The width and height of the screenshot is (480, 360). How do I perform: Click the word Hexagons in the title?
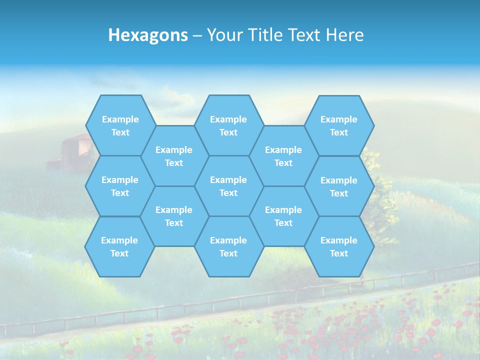coord(148,35)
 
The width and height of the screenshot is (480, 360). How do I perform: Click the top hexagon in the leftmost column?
coord(120,125)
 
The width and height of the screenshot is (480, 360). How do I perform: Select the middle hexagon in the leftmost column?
coord(120,186)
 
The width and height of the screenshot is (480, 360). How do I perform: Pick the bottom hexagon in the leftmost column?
coord(119,246)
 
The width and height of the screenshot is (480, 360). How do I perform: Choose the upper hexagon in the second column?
coord(174,156)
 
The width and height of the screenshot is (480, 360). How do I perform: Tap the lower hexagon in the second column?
coord(174,216)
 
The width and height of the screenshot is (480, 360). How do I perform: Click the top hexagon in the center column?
coord(228,125)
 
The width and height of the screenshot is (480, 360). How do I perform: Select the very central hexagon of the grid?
coord(228,186)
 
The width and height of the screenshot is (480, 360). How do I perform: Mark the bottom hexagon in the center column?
coord(228,246)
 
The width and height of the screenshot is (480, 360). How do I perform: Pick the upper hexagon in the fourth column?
coord(283,156)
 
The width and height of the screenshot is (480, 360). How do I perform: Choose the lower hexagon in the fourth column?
coord(283,216)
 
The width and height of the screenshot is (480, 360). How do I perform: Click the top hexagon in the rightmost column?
coord(339,125)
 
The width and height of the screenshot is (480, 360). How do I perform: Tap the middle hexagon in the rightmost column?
coord(339,186)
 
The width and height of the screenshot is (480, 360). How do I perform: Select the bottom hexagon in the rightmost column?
coord(339,246)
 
